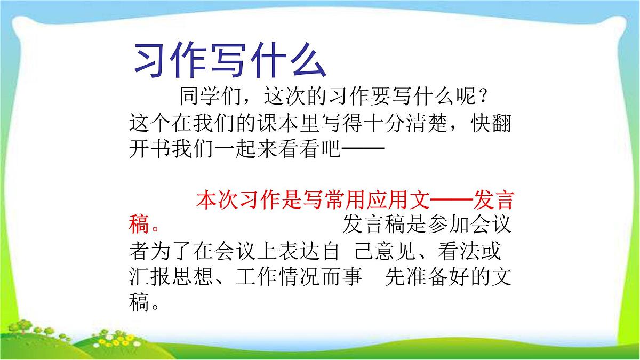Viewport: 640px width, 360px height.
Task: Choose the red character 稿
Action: coord(139,225)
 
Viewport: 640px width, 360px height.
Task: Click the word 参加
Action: coord(447,225)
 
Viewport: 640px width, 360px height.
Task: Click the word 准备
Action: coord(426,277)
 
